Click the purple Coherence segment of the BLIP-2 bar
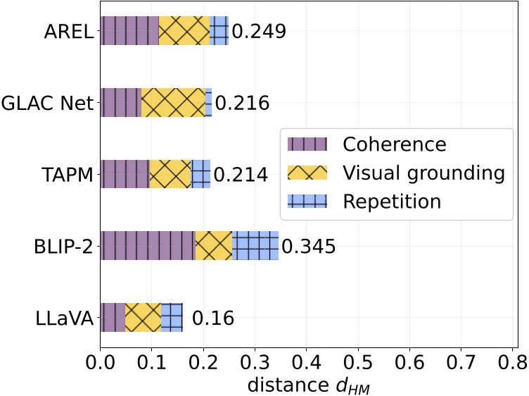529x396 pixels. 148,245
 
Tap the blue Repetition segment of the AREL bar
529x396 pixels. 219,31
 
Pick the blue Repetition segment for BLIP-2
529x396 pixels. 255,245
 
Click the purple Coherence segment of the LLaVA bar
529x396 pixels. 113,317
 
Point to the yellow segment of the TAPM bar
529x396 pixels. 170,174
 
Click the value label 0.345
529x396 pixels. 308,247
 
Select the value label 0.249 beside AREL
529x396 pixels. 259,32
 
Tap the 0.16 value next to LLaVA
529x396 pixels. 212,318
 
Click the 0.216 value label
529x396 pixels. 242,104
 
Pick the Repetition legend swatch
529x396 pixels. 307,202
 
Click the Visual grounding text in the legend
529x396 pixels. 423,173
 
